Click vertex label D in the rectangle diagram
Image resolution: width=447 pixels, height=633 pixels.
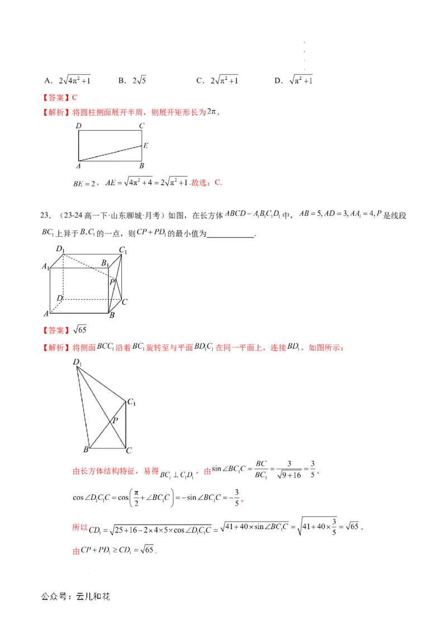click(x=79, y=126)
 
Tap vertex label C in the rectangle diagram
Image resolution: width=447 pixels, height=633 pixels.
click(x=142, y=126)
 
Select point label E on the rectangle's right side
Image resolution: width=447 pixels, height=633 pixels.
click(x=145, y=146)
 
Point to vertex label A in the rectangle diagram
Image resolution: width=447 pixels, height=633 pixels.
click(x=79, y=166)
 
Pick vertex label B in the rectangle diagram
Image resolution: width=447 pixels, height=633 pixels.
click(x=142, y=166)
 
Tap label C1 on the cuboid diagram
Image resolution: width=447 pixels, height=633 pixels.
click(x=123, y=250)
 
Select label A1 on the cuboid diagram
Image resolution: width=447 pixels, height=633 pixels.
click(x=45, y=267)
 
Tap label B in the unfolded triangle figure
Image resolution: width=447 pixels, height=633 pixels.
click(x=86, y=450)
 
